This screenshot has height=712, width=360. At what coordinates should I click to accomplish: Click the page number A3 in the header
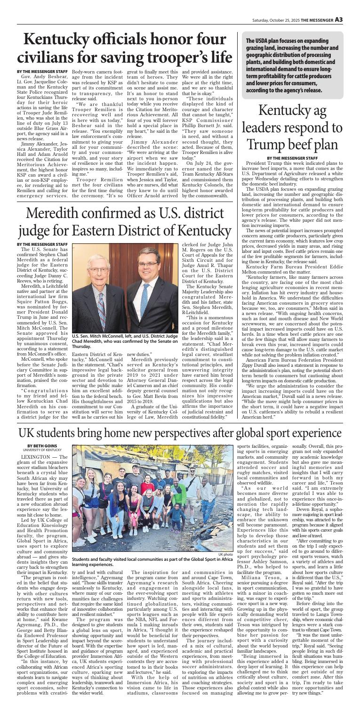pos(351,7)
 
